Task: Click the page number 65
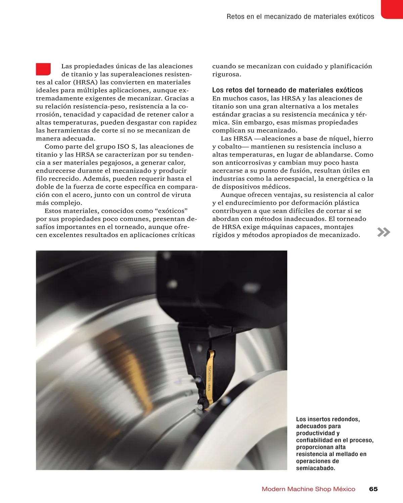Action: (x=373, y=489)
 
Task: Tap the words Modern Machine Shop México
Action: (x=308, y=489)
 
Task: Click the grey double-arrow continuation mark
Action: (x=384, y=232)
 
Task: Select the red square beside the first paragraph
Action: (x=43, y=69)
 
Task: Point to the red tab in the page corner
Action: (x=392, y=9)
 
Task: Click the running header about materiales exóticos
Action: (x=300, y=16)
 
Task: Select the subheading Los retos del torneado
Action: (x=287, y=90)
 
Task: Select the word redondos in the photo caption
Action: (x=347, y=419)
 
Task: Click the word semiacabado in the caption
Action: (x=315, y=468)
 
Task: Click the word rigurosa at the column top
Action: (x=226, y=74)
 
